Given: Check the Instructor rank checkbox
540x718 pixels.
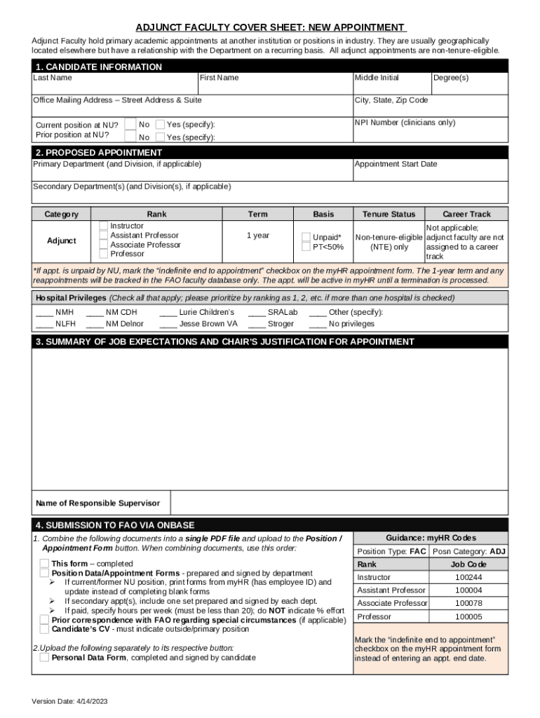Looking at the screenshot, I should [x=104, y=226].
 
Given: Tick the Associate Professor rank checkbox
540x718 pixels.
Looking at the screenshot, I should [x=104, y=245].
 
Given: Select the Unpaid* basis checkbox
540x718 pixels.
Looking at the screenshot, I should [x=306, y=237].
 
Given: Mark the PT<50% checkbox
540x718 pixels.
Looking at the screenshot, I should [x=306, y=247].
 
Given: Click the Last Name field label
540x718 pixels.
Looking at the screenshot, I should [x=53, y=78].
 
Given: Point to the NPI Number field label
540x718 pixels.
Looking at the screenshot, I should [x=405, y=123].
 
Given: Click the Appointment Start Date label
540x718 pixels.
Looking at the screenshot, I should [x=396, y=164].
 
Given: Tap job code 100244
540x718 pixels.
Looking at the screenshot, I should [x=468, y=577].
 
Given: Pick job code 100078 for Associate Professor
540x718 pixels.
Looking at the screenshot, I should [x=468, y=603].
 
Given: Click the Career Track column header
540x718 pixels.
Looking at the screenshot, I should [x=466, y=214].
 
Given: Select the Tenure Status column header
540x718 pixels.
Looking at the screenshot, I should [x=389, y=214].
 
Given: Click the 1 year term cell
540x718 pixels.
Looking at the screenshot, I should [x=257, y=236].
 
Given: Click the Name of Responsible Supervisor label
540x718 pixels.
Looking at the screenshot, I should [x=97, y=503].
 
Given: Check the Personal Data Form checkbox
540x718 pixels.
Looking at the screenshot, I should [x=45, y=658].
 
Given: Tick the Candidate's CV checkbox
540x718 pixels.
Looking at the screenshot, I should [x=45, y=629].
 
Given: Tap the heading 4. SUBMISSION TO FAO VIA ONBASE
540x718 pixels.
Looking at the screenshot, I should [x=115, y=525].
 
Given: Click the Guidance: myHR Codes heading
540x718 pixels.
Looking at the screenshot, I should [x=431, y=538].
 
